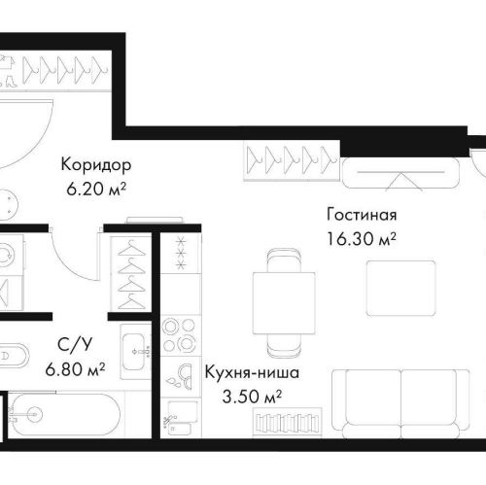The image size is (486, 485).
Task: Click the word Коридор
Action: (95, 164)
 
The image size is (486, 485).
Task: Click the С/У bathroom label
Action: (69, 346)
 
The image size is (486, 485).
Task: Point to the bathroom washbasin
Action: (135, 343)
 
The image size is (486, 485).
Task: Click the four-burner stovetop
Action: (179, 334)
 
